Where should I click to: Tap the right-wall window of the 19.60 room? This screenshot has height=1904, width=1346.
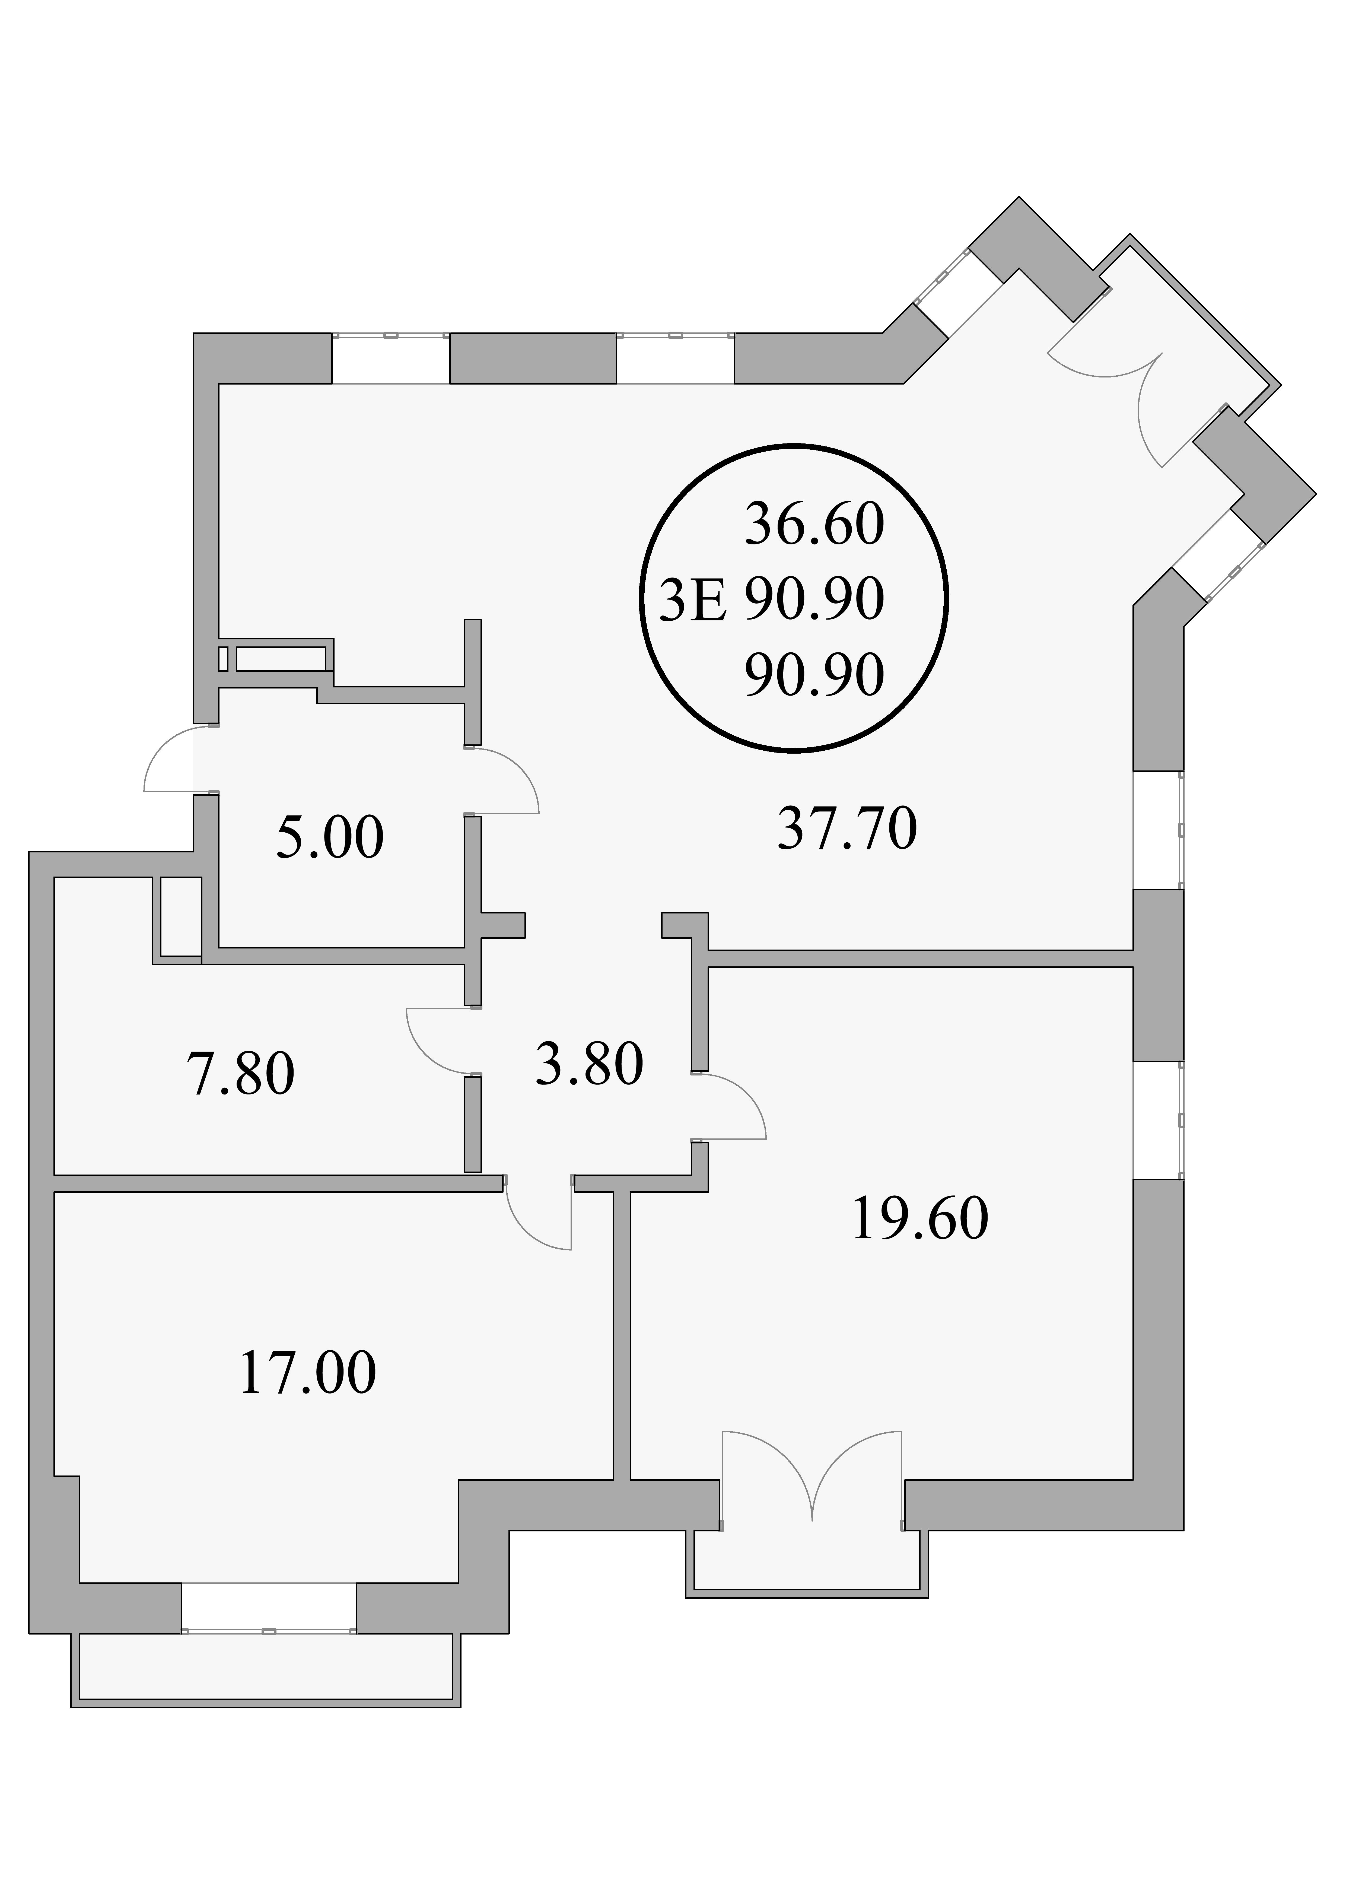(1159, 1119)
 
